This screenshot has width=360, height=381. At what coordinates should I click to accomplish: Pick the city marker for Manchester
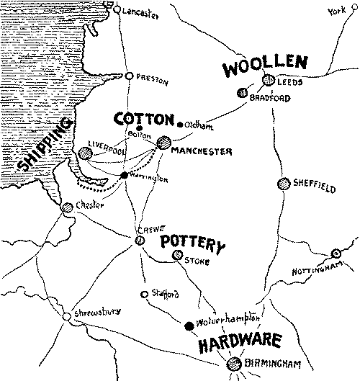click(x=165, y=143)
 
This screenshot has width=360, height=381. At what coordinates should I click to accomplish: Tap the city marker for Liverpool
click(x=86, y=152)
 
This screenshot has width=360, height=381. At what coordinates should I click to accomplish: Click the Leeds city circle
click(x=268, y=81)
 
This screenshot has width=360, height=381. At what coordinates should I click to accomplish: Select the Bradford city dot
click(x=243, y=93)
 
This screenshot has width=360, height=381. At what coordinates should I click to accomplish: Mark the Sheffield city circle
click(x=283, y=184)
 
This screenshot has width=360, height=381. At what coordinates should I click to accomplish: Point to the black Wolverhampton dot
click(x=189, y=325)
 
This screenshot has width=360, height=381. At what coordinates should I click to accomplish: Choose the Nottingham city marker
click(x=336, y=254)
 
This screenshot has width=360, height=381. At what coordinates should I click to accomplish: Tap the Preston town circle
click(x=129, y=76)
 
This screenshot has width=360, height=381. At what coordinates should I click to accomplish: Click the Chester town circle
click(x=67, y=206)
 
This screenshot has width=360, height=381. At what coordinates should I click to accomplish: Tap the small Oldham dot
click(x=179, y=123)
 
